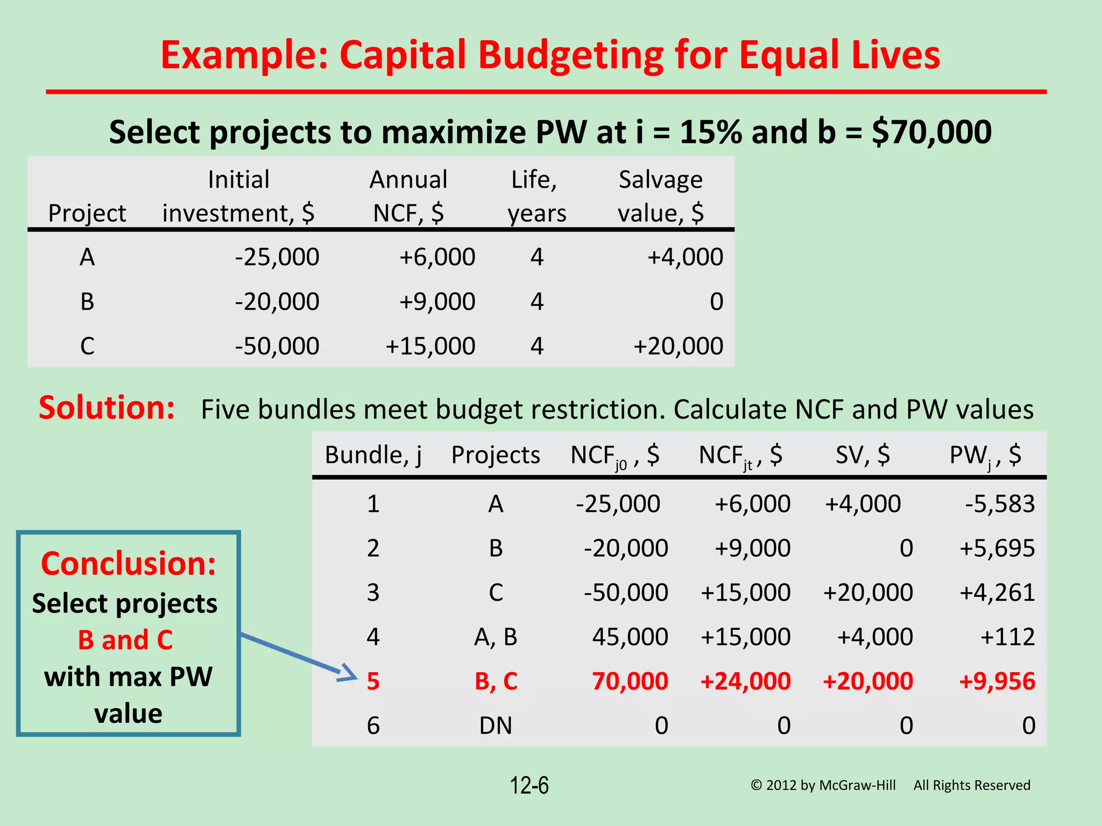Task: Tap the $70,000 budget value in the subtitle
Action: pyautogui.click(x=931, y=132)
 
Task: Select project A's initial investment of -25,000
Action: pyautogui.click(x=277, y=257)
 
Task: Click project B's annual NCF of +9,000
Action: pyautogui.click(x=437, y=302)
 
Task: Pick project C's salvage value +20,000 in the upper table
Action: pyautogui.click(x=678, y=346)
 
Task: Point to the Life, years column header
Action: pyautogui.click(x=536, y=196)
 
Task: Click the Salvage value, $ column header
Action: pyautogui.click(x=660, y=196)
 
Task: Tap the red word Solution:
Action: pyautogui.click(x=107, y=408)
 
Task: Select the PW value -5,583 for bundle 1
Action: pyautogui.click(x=999, y=504)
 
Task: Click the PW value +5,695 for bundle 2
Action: pyautogui.click(x=997, y=549)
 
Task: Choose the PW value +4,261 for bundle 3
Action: pyautogui.click(x=997, y=593)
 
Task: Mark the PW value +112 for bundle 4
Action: pyautogui.click(x=1007, y=637)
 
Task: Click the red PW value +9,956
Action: pyautogui.click(x=997, y=681)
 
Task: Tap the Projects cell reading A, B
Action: pyautogui.click(x=496, y=637)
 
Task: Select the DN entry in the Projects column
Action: pyautogui.click(x=496, y=726)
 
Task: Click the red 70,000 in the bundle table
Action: pyautogui.click(x=630, y=681)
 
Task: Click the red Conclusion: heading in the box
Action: pyautogui.click(x=128, y=564)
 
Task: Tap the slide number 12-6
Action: pyautogui.click(x=529, y=786)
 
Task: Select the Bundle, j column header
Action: pyautogui.click(x=373, y=455)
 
